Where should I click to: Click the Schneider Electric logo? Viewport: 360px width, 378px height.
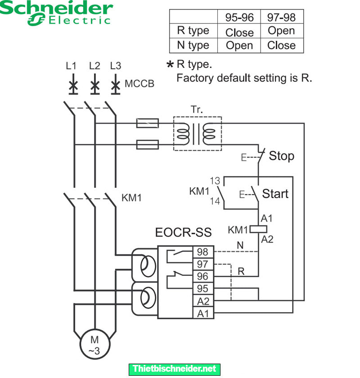56,13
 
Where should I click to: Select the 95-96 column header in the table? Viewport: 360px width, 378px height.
239,17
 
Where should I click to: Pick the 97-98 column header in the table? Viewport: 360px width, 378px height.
281,17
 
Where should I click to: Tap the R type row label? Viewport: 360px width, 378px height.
193,31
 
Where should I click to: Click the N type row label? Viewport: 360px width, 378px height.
193,45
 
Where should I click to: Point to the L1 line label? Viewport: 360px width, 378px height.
71,66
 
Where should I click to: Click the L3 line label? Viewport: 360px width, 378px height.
116,66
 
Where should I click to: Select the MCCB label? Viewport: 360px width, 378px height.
139,84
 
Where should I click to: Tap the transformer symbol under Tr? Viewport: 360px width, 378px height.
197,134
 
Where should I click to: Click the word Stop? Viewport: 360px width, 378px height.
281,156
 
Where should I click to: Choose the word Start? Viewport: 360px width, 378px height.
275,193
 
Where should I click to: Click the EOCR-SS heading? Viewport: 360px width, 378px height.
183,233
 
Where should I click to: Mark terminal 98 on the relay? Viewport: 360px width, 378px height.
202,252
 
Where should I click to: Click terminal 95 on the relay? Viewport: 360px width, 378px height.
202,288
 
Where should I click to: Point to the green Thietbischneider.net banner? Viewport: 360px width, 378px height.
175,369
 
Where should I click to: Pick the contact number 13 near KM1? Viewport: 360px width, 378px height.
215,181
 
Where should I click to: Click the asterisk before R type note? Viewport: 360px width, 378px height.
170,65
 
